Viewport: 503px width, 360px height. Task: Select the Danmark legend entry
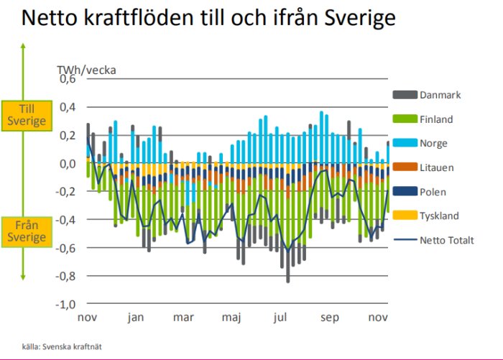point(440,95)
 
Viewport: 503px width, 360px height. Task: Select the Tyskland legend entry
point(439,216)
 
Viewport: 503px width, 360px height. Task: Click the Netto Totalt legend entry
point(446,240)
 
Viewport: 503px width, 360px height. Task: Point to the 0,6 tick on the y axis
point(68,79)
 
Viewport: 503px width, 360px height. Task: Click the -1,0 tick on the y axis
point(66,304)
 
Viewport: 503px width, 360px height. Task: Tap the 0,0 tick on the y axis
point(68,164)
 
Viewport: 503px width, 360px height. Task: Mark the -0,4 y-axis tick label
point(66,220)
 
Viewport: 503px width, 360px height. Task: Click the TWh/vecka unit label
point(86,70)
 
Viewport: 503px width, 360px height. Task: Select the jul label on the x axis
point(281,317)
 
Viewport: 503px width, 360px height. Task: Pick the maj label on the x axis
point(231,317)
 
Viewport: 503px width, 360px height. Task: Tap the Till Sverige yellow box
point(27,114)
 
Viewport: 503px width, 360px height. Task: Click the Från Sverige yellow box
point(27,231)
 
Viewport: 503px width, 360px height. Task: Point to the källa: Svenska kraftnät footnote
point(62,346)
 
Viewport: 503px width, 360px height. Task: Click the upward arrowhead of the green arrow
point(24,47)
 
